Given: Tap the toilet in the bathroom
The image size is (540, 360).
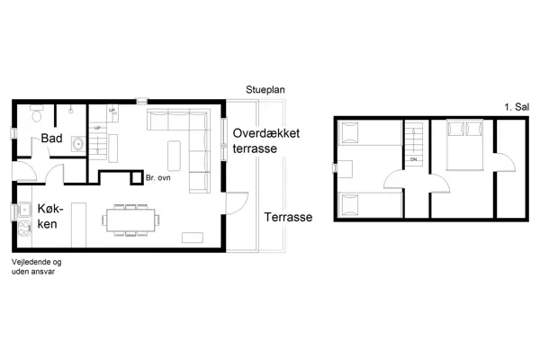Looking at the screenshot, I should click(36, 114).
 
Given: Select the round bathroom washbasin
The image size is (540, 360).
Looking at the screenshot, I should click(77, 143).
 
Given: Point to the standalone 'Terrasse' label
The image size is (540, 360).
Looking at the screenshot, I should click(288, 218).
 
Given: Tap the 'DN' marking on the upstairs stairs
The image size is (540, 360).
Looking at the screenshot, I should click(414, 159).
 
